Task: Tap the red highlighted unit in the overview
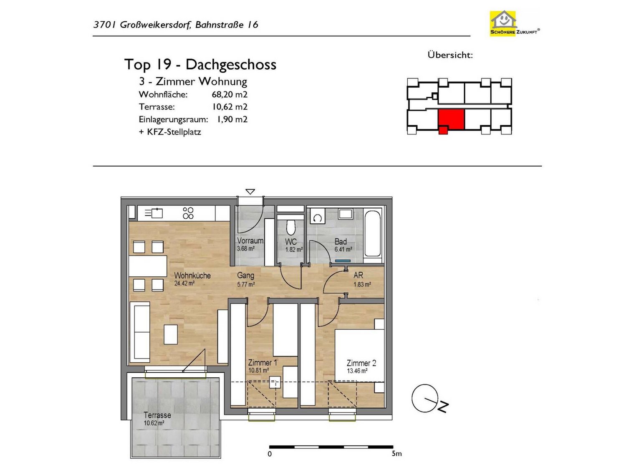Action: click(x=451, y=120)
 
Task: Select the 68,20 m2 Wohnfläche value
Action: click(x=229, y=94)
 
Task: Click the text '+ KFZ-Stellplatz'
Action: click(x=170, y=132)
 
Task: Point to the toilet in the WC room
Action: click(x=290, y=227)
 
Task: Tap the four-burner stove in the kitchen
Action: click(x=188, y=213)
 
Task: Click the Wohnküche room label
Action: click(x=192, y=275)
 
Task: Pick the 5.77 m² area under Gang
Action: click(x=246, y=284)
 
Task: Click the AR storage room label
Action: click(x=358, y=275)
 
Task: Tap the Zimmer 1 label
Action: click(x=263, y=363)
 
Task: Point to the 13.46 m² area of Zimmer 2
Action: click(x=357, y=371)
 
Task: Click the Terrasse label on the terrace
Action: click(x=157, y=415)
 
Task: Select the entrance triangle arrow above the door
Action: click(x=250, y=192)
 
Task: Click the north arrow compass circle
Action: click(x=425, y=398)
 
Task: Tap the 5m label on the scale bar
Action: click(x=396, y=453)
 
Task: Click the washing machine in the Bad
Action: click(x=318, y=218)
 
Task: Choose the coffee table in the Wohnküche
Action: click(x=171, y=334)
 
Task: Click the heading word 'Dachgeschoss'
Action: click(x=231, y=65)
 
